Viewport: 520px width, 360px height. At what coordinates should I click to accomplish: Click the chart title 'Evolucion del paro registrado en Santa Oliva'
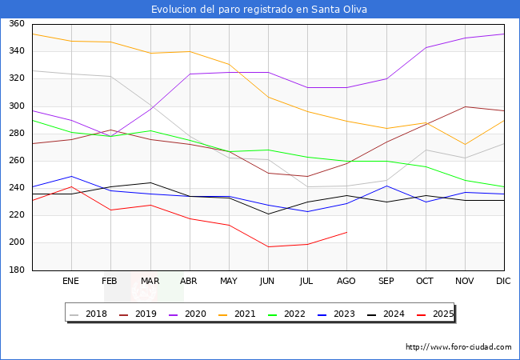pyautogui.click(x=260, y=10)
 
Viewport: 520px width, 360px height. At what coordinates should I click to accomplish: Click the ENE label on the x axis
pyautogui.click(x=71, y=281)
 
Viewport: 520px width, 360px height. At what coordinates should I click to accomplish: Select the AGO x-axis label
pyautogui.click(x=346, y=281)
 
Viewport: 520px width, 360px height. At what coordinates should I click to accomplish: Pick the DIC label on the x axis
pyautogui.click(x=503, y=281)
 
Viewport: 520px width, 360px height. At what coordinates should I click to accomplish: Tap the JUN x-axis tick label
pyautogui.click(x=268, y=281)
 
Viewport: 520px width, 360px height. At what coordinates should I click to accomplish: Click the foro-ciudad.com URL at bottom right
pyautogui.click(x=458, y=347)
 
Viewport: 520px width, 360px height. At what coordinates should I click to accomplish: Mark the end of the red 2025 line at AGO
pyautogui.click(x=346, y=232)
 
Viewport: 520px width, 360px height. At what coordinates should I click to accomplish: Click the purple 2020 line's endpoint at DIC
pyautogui.click(x=504, y=34)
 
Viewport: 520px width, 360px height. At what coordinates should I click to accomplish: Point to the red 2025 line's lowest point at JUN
pyautogui.click(x=268, y=246)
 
